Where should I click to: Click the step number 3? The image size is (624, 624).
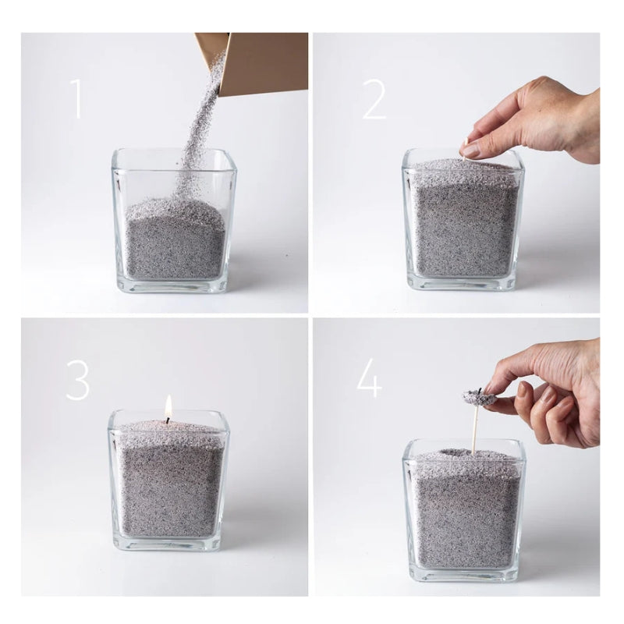pos(77,380)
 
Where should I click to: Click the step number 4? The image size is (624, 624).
pos(368,380)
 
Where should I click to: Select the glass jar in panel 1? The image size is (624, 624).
pos(172,226)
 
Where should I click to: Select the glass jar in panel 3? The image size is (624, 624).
pos(169,484)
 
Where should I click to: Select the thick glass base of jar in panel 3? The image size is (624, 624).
pos(169,544)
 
